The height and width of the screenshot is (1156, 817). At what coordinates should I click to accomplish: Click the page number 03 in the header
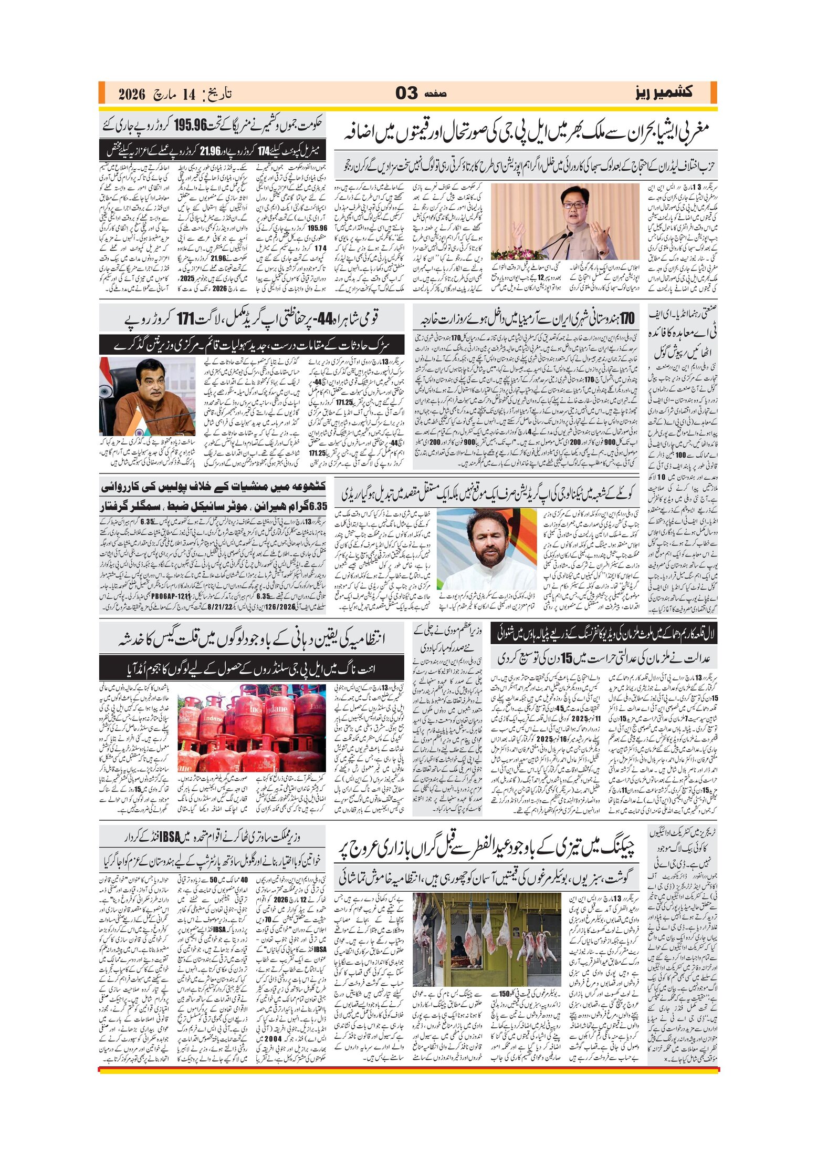pyautogui.click(x=406, y=94)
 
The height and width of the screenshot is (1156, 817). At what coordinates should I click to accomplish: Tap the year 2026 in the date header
pyautogui.click(x=131, y=95)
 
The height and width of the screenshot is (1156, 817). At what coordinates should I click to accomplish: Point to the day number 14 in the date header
pyautogui.click(x=188, y=95)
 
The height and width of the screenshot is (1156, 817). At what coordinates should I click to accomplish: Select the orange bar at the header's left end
pyautogui.click(x=102, y=93)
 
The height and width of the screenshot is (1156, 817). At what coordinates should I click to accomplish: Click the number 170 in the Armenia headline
pyautogui.click(x=626, y=318)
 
